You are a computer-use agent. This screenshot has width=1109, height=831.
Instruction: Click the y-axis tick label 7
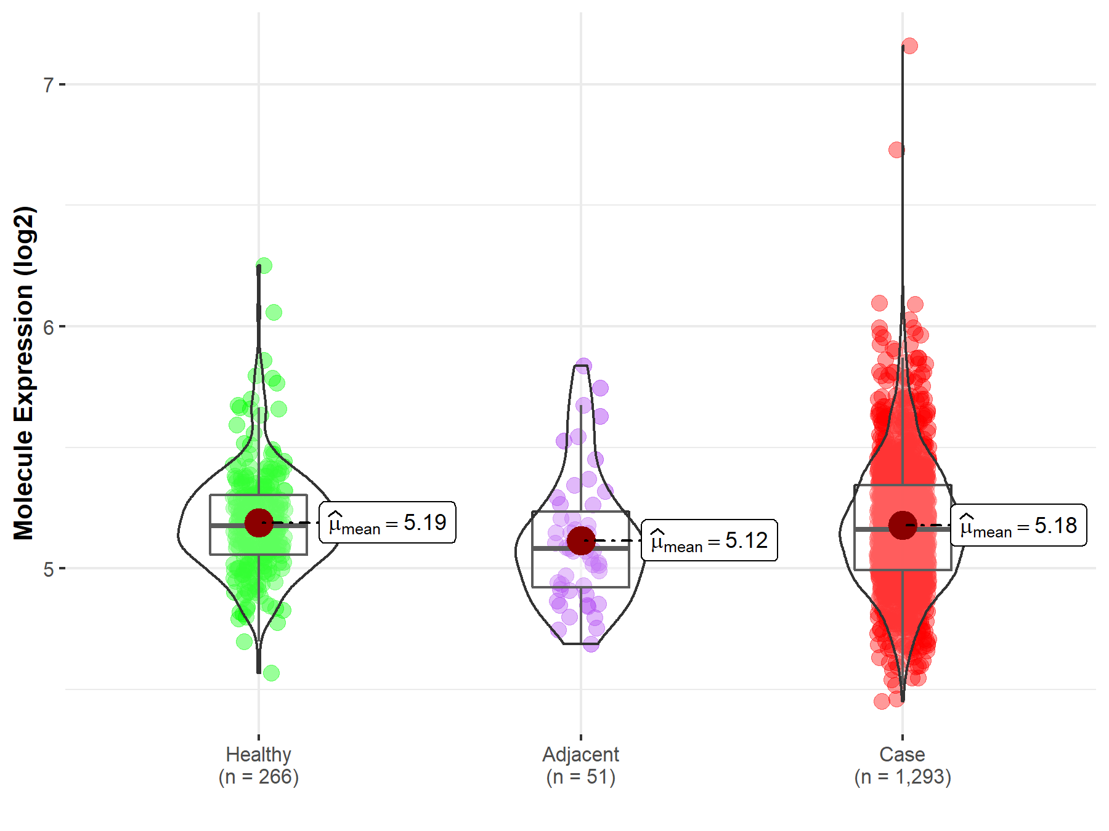[x=49, y=84]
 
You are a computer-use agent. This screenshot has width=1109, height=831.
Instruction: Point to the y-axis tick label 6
[x=49, y=327]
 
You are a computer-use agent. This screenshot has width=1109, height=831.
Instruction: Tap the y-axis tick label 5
[x=49, y=569]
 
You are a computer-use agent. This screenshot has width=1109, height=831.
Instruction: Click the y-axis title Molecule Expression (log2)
[x=23, y=373]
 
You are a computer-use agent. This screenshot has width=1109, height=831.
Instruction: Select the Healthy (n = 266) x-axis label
[x=258, y=765]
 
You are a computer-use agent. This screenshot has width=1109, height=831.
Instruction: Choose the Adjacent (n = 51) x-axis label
[x=580, y=765]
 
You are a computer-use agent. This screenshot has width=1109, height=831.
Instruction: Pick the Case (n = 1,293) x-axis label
[x=903, y=765]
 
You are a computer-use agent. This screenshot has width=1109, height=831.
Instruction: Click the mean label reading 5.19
[x=388, y=523]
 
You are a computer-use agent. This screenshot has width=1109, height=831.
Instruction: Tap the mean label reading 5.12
[x=709, y=540]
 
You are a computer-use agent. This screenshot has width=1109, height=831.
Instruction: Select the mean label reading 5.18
[x=1018, y=526]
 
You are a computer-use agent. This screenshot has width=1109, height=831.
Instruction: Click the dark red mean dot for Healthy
[x=259, y=523]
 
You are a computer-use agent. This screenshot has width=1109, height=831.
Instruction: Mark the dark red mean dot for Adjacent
[x=581, y=540]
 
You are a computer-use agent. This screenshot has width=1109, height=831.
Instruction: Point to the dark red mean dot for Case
[x=903, y=525]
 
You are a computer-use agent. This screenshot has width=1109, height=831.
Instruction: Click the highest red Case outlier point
[x=909, y=46]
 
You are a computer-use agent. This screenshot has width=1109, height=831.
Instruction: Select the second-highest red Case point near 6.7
[x=897, y=150]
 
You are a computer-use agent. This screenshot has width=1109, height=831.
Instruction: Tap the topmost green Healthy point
[x=264, y=266]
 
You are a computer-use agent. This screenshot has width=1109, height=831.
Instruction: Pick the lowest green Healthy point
[x=271, y=673]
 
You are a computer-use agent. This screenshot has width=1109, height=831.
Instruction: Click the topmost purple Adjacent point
[x=583, y=366]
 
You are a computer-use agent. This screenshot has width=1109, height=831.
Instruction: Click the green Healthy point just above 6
[x=274, y=312]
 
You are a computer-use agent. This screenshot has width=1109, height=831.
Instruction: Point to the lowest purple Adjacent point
[x=591, y=644]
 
